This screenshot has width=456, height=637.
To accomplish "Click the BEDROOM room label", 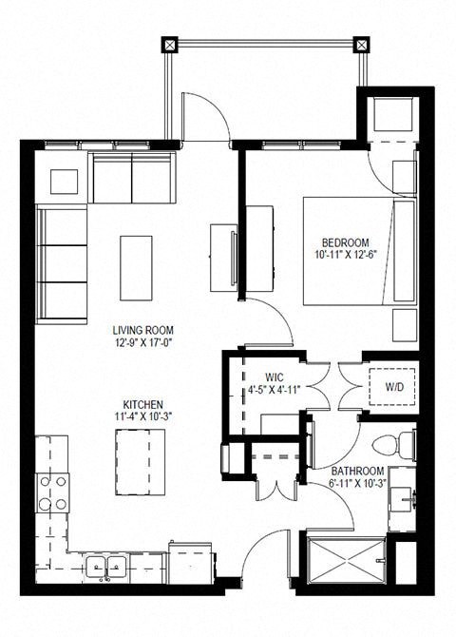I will (345, 242).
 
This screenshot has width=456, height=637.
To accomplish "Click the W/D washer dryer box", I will (392, 388).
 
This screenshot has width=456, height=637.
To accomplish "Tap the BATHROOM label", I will (357, 472).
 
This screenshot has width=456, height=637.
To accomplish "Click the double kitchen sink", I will (105, 567).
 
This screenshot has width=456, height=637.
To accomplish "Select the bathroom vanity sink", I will (402, 496).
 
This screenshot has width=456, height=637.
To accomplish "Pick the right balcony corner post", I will (360, 45).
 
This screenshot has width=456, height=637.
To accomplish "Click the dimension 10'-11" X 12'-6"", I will (345, 255).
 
